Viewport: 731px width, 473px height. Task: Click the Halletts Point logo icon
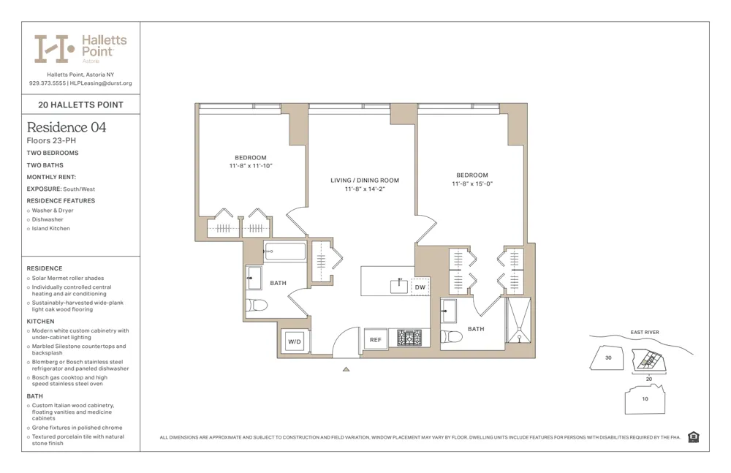pyautogui.click(x=54, y=48)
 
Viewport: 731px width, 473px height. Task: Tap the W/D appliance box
pyautogui.click(x=295, y=341)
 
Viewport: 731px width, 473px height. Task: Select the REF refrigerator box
pyautogui.click(x=375, y=340)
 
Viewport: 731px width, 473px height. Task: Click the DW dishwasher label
pyautogui.click(x=420, y=287)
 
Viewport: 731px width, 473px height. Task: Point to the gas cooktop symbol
pyautogui.click(x=409, y=338)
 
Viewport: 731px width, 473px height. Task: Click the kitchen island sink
pyautogui.click(x=398, y=285)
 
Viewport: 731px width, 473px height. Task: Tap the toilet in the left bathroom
pyautogui.click(x=256, y=304)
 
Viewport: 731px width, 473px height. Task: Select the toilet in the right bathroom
pyautogui.click(x=453, y=337)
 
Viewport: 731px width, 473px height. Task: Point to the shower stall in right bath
pyautogui.click(x=520, y=322)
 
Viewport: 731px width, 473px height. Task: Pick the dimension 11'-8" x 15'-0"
pyautogui.click(x=471, y=184)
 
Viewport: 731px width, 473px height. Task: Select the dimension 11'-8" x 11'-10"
pyautogui.click(x=250, y=166)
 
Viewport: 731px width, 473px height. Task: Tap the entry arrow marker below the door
pyautogui.click(x=346, y=369)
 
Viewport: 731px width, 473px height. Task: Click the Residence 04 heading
pyautogui.click(x=67, y=127)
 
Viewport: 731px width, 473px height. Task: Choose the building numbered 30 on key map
pyautogui.click(x=608, y=357)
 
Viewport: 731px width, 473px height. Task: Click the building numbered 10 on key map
pyautogui.click(x=644, y=399)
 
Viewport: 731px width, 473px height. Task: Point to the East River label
pyautogui.click(x=644, y=333)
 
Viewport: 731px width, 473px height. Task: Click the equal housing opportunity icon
pyautogui.click(x=694, y=437)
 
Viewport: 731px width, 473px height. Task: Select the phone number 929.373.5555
pyautogui.click(x=46, y=83)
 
